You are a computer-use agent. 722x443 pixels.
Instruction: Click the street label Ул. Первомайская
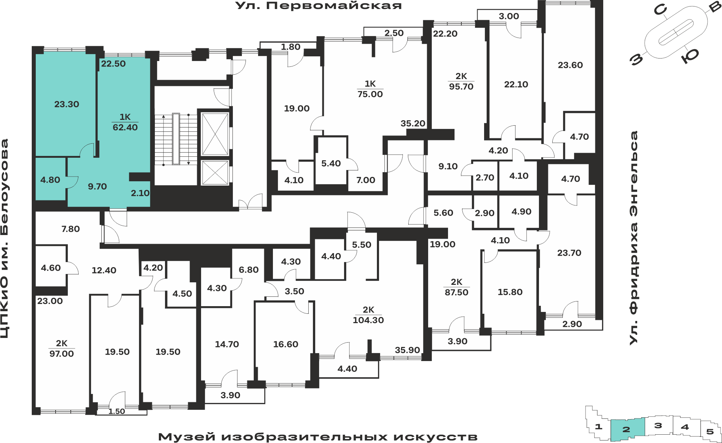click(318, 6)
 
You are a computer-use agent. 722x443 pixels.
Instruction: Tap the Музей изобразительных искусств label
click(318, 437)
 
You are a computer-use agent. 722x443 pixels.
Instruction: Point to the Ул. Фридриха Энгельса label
click(634, 238)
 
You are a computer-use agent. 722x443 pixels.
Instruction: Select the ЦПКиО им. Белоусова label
click(5, 239)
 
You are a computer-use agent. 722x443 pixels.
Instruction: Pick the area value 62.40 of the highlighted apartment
click(125, 127)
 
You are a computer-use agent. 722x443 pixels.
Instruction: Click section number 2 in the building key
click(626, 430)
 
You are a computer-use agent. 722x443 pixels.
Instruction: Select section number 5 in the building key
click(710, 431)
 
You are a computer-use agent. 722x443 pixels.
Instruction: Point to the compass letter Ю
click(690, 56)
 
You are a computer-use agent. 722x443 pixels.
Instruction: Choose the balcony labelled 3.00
click(508, 16)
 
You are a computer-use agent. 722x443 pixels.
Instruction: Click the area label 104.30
click(368, 320)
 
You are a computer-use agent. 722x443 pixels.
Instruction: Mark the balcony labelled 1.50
click(117, 412)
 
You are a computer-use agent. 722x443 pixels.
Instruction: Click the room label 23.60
click(570, 65)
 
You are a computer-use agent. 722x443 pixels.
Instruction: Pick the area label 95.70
click(461, 87)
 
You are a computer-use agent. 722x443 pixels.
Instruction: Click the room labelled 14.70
click(227, 344)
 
